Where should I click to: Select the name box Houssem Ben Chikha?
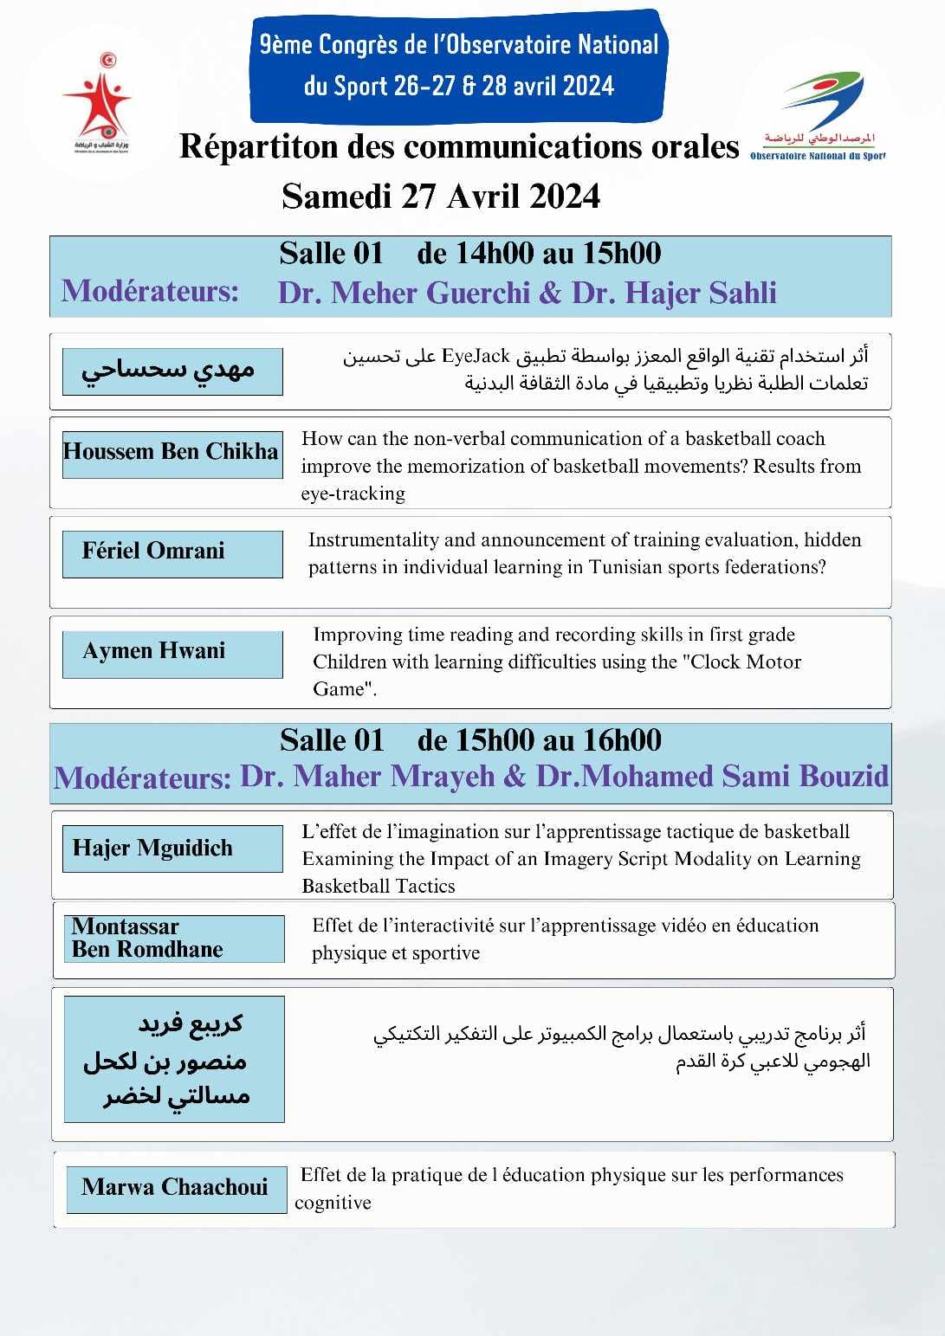point(172,453)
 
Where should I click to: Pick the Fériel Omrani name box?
point(172,552)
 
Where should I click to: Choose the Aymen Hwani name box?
point(172,653)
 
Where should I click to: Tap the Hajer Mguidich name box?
point(172,849)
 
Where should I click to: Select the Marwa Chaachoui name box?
point(176,1188)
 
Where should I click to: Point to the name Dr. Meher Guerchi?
point(403,294)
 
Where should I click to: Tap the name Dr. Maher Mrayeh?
point(367,777)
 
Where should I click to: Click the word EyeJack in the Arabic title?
point(476,356)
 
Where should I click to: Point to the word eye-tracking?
point(353,494)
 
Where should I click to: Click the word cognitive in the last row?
point(333,1203)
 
